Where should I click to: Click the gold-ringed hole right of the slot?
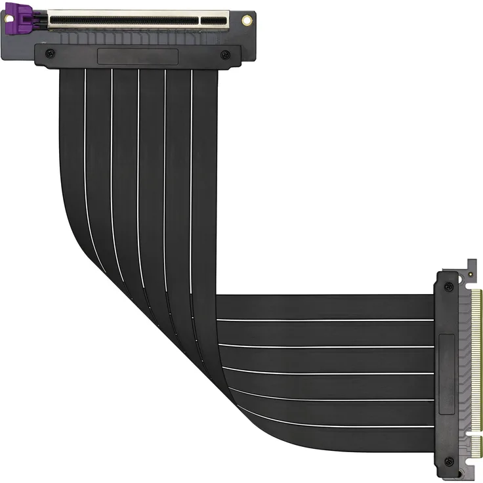coord(246,20)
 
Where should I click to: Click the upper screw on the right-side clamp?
coord(448,286)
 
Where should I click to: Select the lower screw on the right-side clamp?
coord(448,461)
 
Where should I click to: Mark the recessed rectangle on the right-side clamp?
coord(448,371)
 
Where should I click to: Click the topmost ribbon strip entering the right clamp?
coord(328,307)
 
